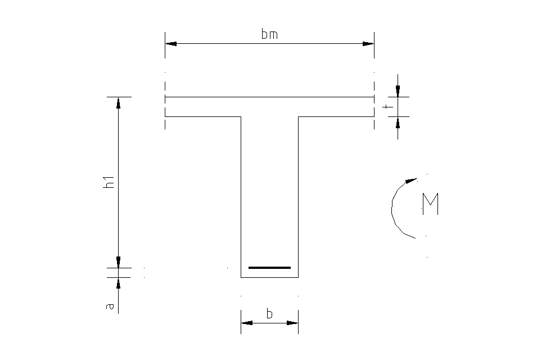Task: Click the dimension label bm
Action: (269, 35)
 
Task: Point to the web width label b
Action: (269, 314)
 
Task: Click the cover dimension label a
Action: (110, 307)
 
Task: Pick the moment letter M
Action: (430, 204)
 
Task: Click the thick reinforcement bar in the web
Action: (269, 267)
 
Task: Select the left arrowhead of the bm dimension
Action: (171, 43)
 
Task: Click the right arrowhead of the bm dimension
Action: (368, 43)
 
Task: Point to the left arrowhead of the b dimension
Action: (247, 323)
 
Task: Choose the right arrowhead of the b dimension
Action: (292, 323)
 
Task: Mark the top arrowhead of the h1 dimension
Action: (118, 102)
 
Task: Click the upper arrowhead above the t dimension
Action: (398, 91)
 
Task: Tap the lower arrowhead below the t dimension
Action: (398, 122)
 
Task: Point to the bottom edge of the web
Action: (269, 277)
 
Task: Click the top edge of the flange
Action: (269, 97)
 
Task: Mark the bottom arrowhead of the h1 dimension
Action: (118, 262)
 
